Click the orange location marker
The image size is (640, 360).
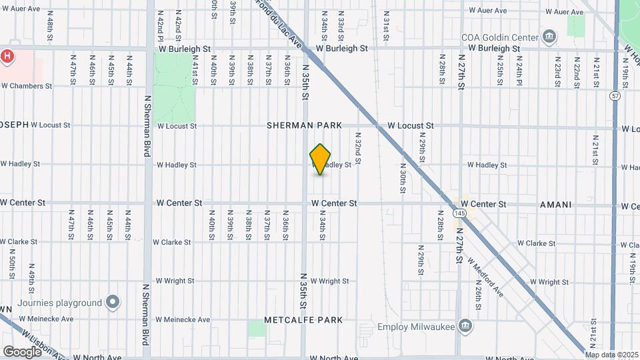(321, 160)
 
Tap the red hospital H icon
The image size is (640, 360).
(7, 56)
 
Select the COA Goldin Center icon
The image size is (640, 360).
(549, 35)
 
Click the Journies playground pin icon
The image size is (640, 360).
(113, 303)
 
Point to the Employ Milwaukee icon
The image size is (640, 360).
(465, 326)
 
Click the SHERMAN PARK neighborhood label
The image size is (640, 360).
(304, 125)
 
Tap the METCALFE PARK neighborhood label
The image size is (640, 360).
(303, 320)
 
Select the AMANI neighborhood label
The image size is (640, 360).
(555, 205)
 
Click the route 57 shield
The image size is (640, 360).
(615, 97)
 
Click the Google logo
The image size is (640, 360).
(21, 351)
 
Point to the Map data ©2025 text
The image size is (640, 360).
(612, 354)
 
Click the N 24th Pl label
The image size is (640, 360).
(518, 69)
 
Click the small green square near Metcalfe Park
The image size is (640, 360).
(257, 328)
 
